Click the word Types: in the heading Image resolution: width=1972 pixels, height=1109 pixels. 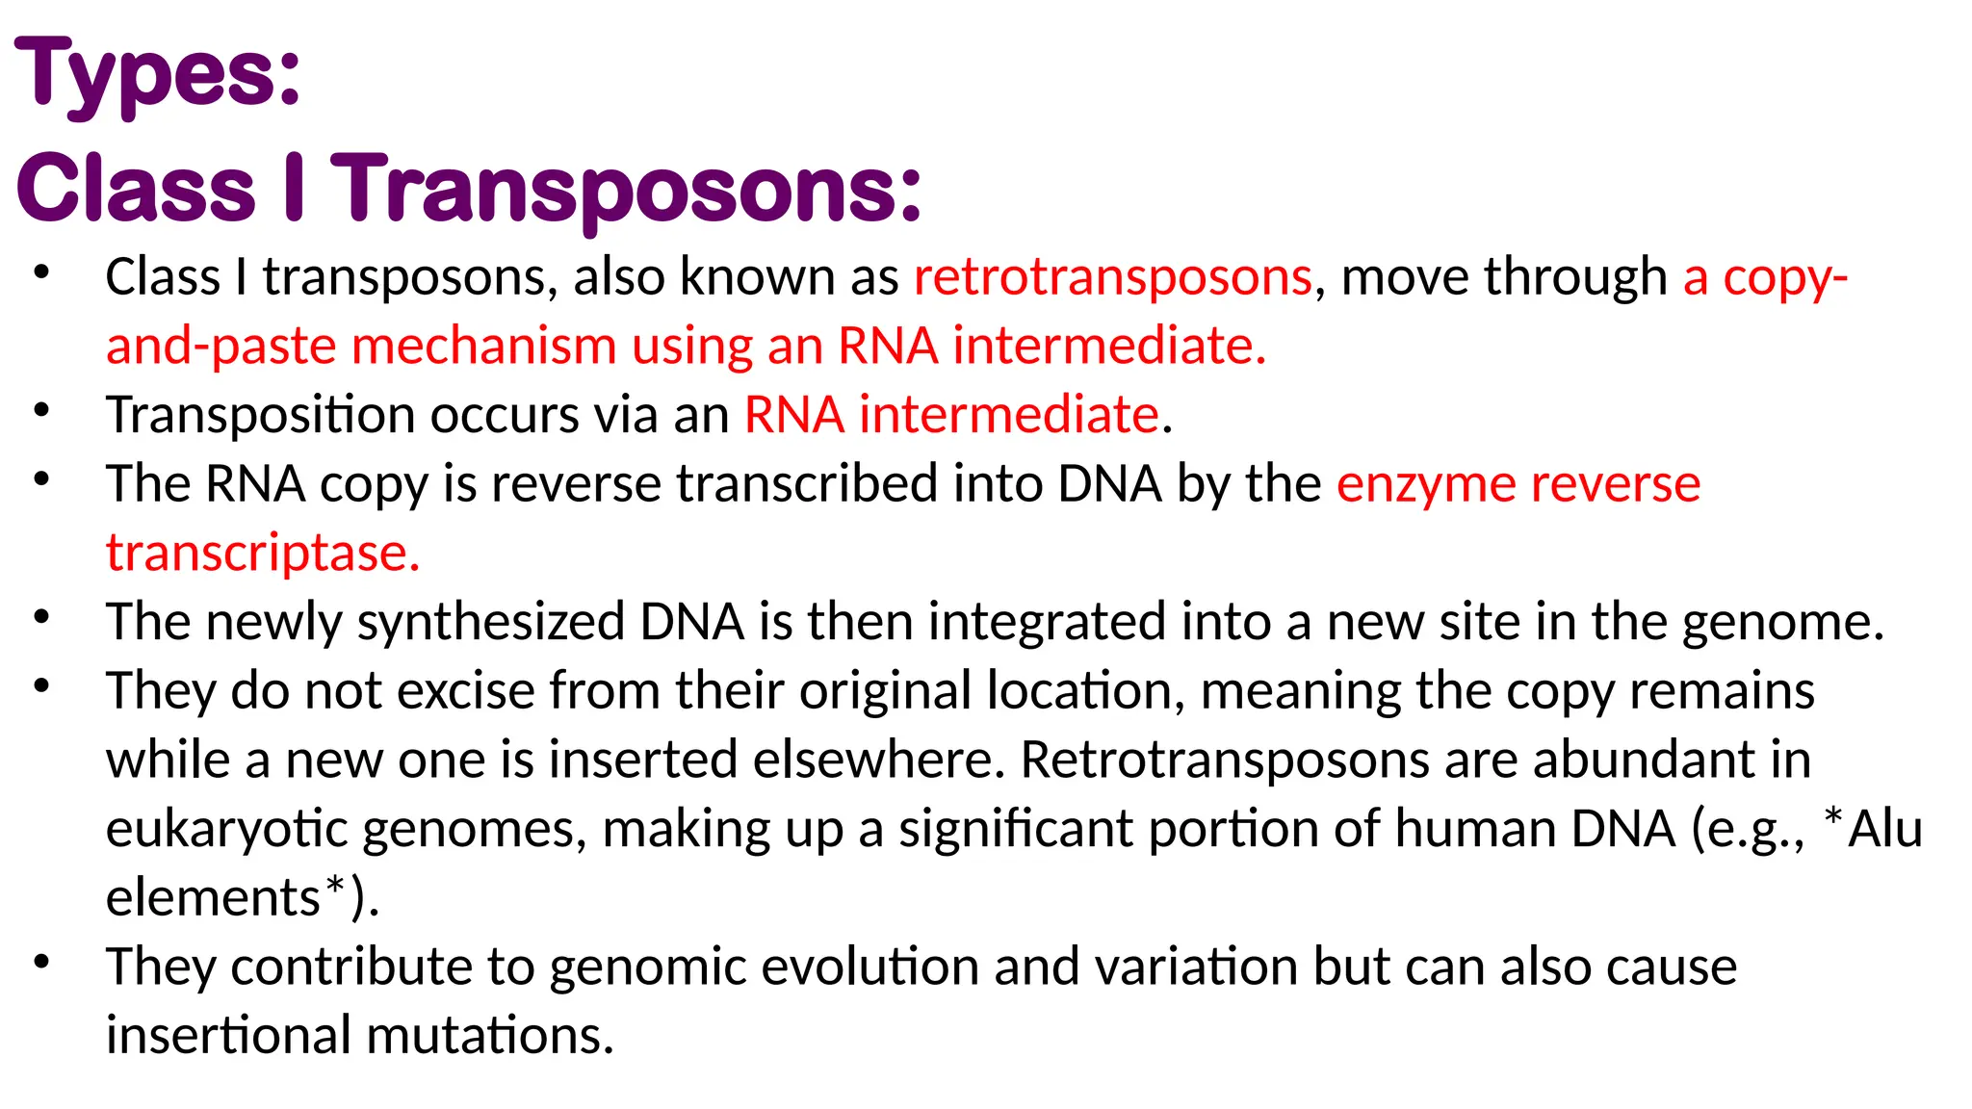158,75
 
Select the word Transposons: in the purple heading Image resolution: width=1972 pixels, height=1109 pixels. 627,188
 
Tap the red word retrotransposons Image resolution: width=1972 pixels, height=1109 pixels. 1112,277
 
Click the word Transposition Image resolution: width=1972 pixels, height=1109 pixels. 260,415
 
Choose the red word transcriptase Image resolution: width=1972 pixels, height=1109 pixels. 263,554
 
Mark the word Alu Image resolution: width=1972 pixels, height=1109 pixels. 1885,829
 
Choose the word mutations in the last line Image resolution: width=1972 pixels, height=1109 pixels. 490,1036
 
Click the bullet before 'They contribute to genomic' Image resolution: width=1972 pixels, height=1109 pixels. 40,962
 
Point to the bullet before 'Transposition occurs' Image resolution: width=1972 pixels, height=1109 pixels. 40,411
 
